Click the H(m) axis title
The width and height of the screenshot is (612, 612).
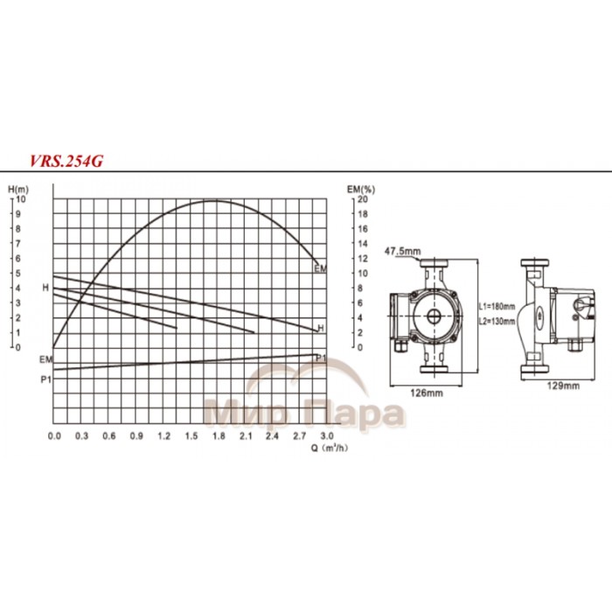17,189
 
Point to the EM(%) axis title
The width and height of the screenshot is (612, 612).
361,189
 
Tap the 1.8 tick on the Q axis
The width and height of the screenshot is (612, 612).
218,435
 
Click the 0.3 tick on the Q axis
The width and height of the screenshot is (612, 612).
81,435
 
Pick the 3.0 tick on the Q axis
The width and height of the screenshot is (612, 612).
327,435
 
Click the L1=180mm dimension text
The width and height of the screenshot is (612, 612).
498,306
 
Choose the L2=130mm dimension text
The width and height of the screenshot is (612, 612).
498,321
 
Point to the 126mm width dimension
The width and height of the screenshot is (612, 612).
424,393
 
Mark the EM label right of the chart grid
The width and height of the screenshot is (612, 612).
320,268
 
